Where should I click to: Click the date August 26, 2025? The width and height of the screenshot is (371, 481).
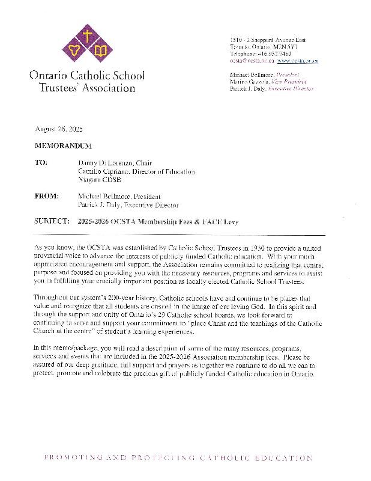[x=58, y=129]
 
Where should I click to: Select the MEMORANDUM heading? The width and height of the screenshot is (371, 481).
[x=63, y=146]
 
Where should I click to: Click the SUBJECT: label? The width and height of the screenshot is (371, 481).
[x=52, y=222]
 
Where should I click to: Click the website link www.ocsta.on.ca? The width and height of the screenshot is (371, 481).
[x=298, y=61]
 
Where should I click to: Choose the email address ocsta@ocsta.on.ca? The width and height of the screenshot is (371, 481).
[x=252, y=61]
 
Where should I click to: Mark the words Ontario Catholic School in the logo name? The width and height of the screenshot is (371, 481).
[x=86, y=76]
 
